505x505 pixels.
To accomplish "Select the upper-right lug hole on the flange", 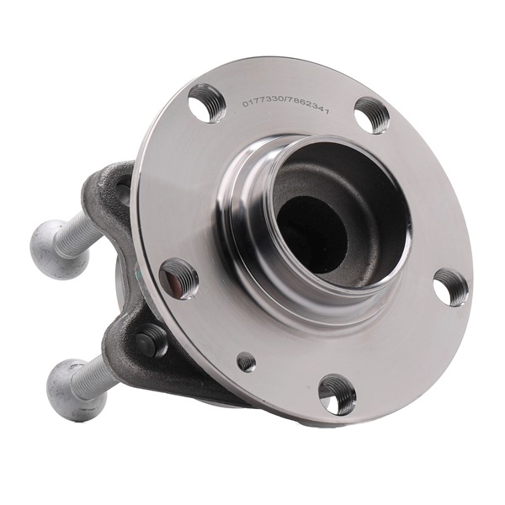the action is coord(372,115).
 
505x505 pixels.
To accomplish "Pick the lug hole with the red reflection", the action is coord(178,279).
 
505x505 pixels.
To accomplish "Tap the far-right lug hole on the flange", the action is coord(450,287).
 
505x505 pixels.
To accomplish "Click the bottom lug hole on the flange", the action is coord(338,394).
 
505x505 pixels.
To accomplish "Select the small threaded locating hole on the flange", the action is coord(247,362).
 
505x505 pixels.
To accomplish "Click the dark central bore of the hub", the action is coord(311,235).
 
